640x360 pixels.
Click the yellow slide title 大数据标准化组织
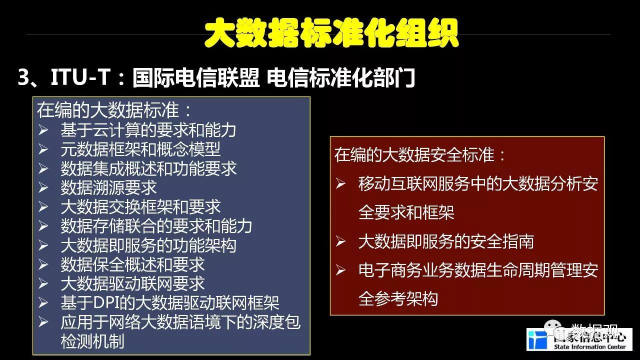click(x=331, y=33)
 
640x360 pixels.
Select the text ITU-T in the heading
click(x=80, y=77)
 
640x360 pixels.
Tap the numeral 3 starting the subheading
click(x=23, y=77)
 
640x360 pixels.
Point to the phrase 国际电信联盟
click(x=196, y=77)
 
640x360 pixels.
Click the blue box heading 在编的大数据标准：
click(x=113, y=110)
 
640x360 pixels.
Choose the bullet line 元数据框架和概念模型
click(x=140, y=149)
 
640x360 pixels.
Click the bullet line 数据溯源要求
click(x=108, y=187)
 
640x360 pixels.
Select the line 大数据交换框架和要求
click(x=140, y=206)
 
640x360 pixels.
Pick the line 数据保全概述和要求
click(x=132, y=264)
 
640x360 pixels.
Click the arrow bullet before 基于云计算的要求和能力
click(x=43, y=130)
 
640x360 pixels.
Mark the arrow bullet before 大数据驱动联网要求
click(x=43, y=283)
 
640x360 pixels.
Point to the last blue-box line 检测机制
click(x=92, y=341)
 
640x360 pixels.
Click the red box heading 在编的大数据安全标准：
click(x=419, y=154)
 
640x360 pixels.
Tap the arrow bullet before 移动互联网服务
click(x=341, y=183)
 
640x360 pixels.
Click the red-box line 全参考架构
click(x=398, y=299)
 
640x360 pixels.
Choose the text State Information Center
click(x=589, y=347)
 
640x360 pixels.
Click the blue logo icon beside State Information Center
click(x=537, y=340)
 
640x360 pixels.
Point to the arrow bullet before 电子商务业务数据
click(x=341, y=270)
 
